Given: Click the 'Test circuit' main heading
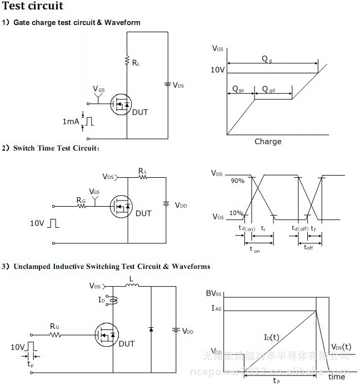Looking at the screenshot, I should (33, 7).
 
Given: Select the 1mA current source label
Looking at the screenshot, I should (71, 121).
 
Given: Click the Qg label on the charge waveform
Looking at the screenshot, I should (267, 59).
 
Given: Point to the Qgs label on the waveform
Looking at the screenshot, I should (238, 89).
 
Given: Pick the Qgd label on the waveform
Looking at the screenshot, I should (268, 89).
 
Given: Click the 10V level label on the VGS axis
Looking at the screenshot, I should (217, 71).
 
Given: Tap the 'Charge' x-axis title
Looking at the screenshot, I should (268, 141).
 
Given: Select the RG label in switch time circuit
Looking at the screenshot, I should (81, 199).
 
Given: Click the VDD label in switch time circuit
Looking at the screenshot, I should (181, 205).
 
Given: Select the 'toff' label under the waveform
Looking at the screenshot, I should (308, 247).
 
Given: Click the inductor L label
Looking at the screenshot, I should (131, 279).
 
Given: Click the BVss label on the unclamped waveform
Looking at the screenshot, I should (214, 293).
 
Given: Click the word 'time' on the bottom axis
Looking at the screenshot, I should (336, 376).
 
